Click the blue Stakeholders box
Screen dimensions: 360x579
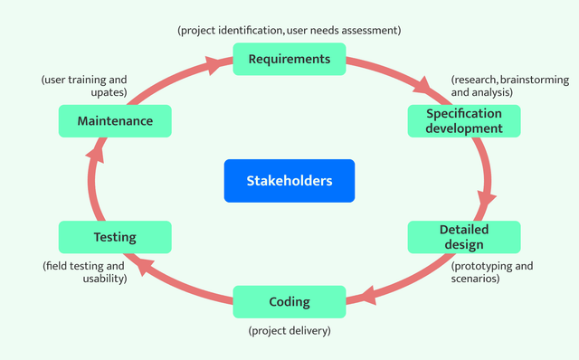[x=289, y=181]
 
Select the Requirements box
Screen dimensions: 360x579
[x=289, y=60]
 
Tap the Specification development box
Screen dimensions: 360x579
[x=464, y=121]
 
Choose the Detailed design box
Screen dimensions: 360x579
[x=464, y=237]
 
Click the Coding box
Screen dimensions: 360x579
[x=289, y=302]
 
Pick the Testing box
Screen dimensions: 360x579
[x=115, y=237]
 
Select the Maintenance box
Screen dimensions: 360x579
[x=115, y=121]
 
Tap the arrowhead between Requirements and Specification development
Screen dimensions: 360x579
[x=421, y=88]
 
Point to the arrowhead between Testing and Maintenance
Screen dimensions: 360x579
[x=94, y=156]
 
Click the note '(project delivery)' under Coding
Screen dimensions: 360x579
[x=289, y=331]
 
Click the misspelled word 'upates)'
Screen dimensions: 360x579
[x=109, y=93]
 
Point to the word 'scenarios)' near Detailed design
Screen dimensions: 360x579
[x=475, y=279]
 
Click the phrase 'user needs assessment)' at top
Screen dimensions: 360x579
[x=344, y=30]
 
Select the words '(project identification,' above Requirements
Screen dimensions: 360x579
[x=231, y=30]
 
